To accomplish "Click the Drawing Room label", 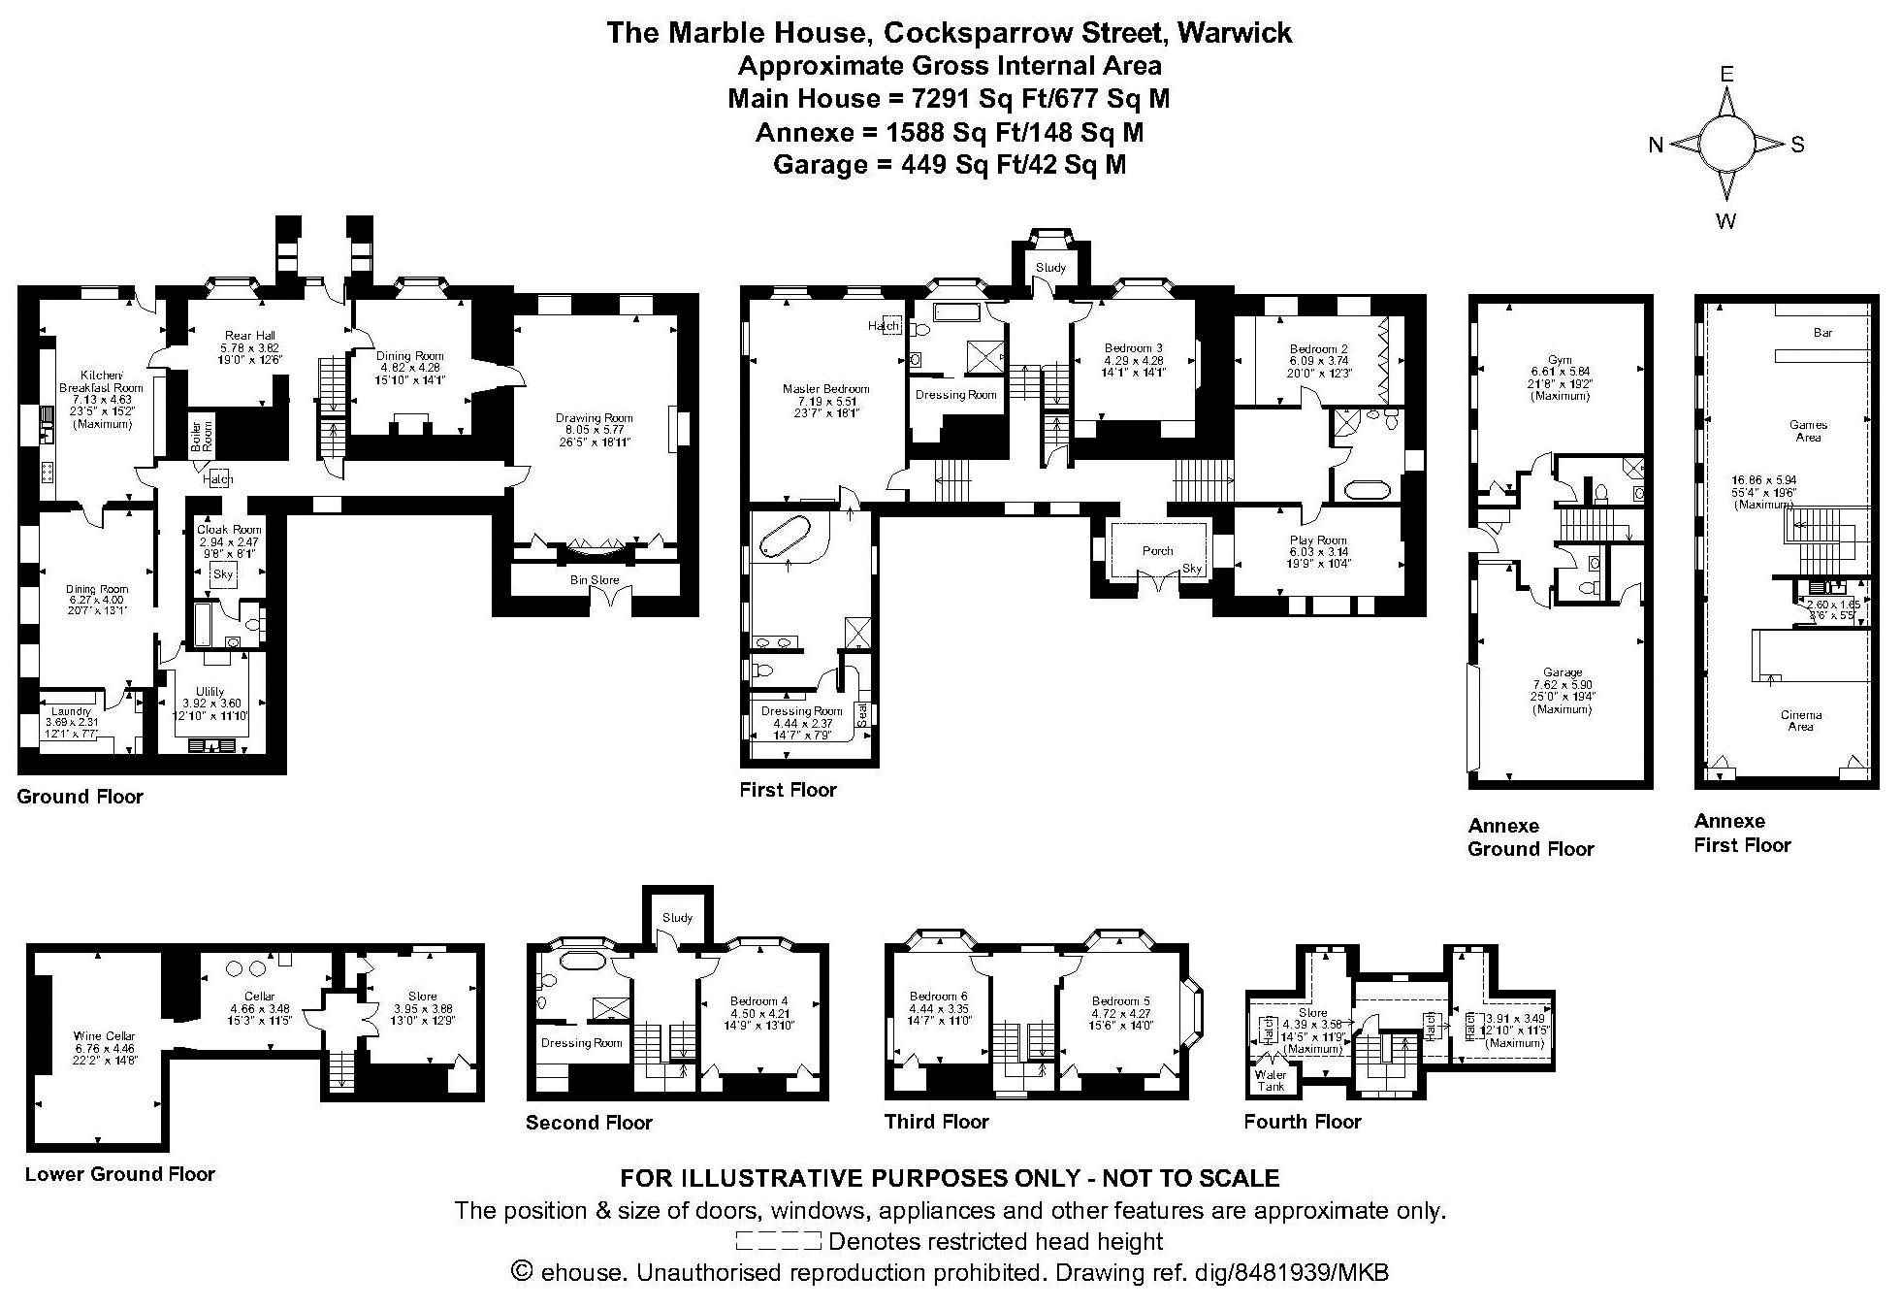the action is (594, 418).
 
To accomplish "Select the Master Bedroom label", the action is (825, 389).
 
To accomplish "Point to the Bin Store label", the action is (595, 580).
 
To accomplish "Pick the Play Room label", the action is (1318, 540).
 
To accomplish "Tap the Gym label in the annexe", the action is (1560, 360).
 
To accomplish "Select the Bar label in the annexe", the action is (1822, 332).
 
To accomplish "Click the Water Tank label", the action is (1271, 1080).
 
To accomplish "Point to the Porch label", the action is (1157, 550).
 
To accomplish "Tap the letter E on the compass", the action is (1726, 74).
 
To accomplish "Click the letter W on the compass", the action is (1725, 221).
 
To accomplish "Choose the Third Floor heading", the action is (936, 1122).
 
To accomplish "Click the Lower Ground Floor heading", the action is (119, 1174).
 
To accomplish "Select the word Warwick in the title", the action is (1234, 33).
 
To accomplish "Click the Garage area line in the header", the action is (950, 165).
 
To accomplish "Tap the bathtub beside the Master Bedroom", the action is (786, 537).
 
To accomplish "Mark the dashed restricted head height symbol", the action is (778, 1241).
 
